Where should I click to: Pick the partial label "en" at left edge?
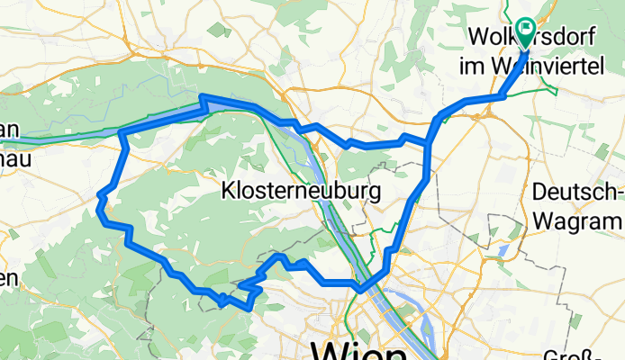tap(8, 278)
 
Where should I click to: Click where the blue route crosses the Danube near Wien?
tap(360, 289)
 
